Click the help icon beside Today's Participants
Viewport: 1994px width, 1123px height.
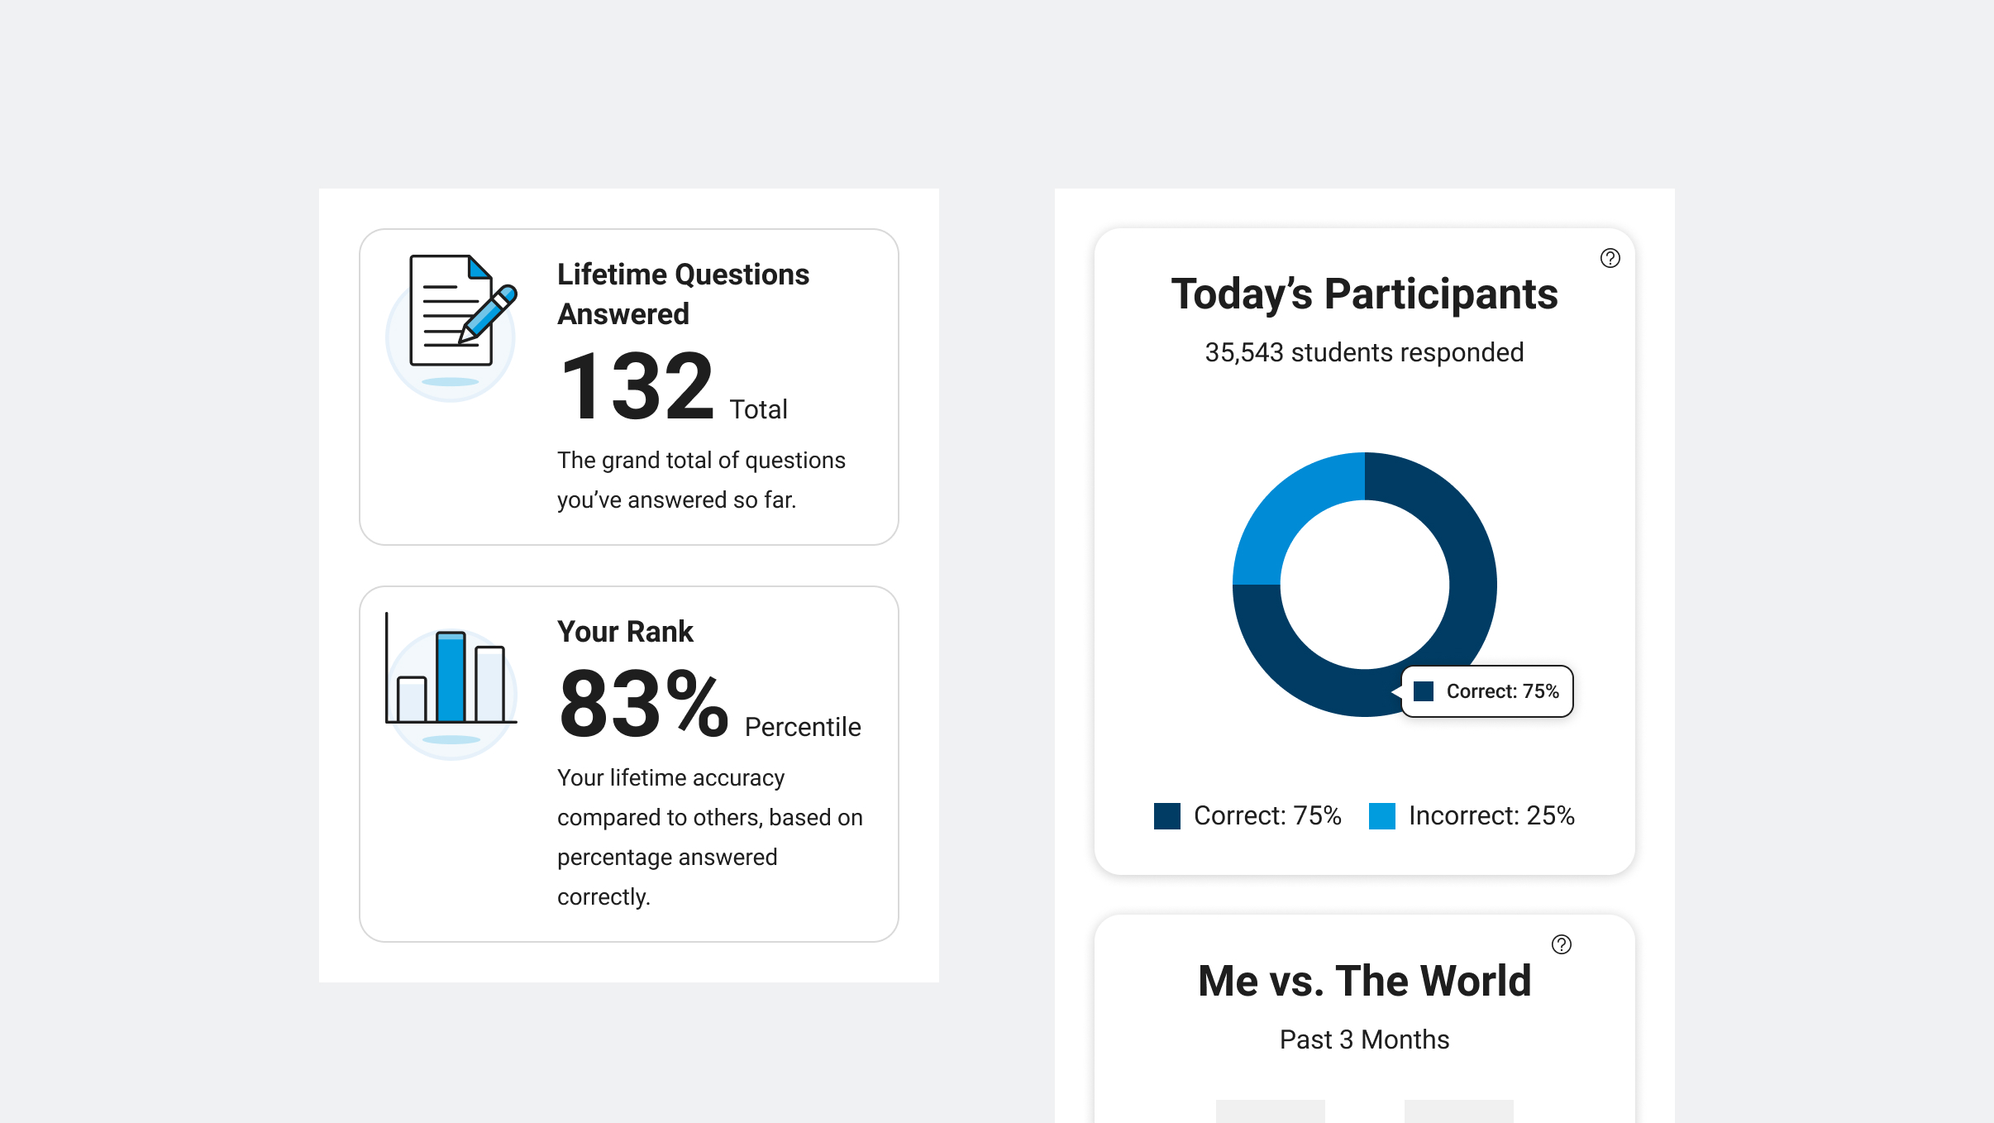[1610, 258]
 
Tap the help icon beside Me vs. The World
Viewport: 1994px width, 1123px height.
[1561, 944]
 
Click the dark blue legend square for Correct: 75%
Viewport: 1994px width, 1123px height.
[1166, 816]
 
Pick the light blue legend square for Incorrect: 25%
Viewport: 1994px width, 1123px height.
[1381, 816]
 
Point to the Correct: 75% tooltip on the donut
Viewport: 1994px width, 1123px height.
[1488, 691]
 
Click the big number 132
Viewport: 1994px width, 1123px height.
[637, 387]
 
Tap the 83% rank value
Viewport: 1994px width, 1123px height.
[643, 705]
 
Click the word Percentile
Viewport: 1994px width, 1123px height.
[803, 727]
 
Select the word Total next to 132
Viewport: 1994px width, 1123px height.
[758, 409]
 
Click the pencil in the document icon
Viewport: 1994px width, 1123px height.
[489, 313]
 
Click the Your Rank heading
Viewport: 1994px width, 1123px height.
[625, 632]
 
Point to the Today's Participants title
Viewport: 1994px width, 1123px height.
[1364, 294]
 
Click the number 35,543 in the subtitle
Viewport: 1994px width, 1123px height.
[1243, 352]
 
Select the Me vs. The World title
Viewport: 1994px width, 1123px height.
[1364, 981]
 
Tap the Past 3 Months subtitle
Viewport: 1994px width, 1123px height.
[1364, 1039]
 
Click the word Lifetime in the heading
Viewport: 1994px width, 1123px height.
[612, 275]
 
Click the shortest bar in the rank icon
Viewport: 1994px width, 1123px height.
[412, 699]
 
